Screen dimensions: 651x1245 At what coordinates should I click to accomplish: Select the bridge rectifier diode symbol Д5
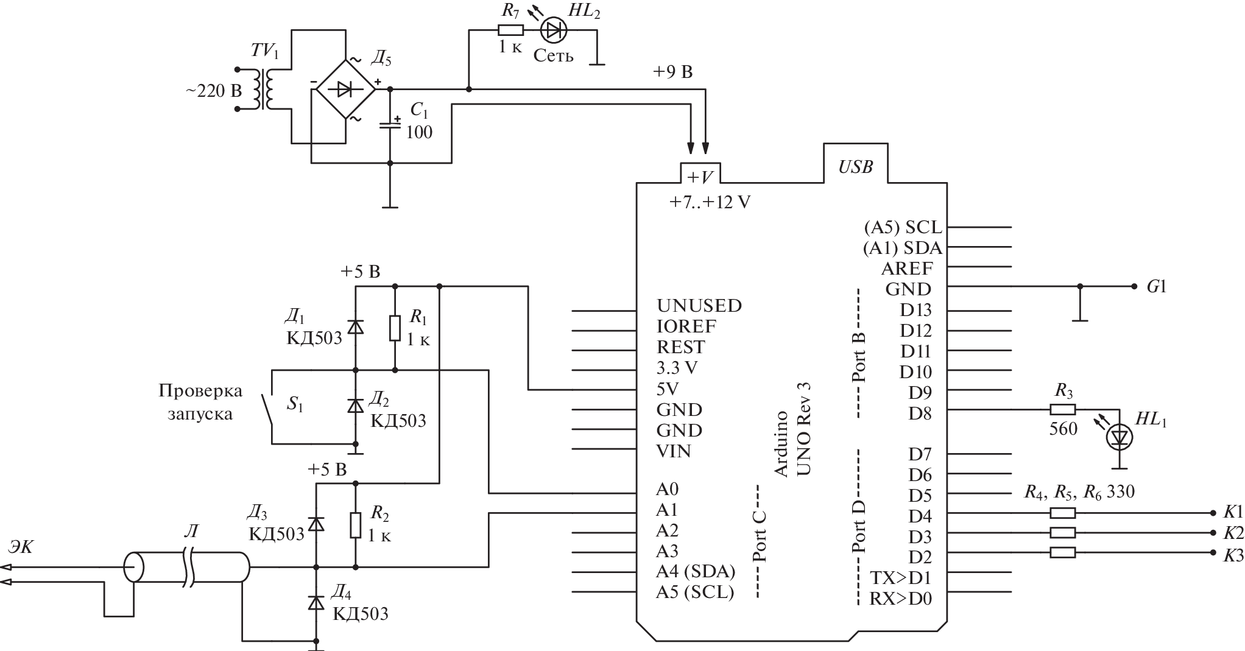[x=345, y=90]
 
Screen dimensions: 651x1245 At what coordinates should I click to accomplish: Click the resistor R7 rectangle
[x=510, y=30]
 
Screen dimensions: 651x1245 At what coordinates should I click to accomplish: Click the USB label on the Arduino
[x=855, y=167]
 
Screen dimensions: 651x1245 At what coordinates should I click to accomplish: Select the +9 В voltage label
[x=672, y=72]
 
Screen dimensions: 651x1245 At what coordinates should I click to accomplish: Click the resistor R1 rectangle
[x=395, y=328]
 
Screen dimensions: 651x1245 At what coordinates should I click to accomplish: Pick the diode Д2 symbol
[x=356, y=405]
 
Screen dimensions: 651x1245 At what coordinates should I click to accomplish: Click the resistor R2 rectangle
[x=356, y=525]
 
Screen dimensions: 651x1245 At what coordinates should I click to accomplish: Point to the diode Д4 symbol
[x=316, y=602]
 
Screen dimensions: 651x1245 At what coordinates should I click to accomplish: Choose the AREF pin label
[x=906, y=268]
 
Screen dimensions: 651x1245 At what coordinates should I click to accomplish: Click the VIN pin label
[x=674, y=451]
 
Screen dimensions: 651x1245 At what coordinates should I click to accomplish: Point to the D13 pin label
[x=915, y=309]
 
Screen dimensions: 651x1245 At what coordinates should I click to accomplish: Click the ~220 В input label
[x=213, y=91]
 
